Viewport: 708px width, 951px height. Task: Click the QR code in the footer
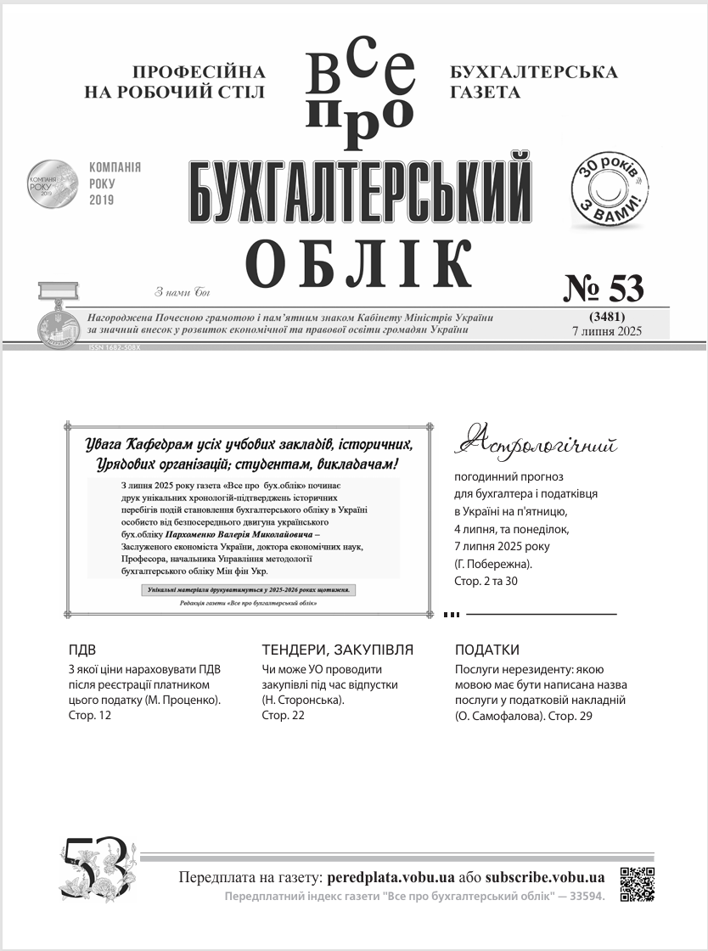point(637,884)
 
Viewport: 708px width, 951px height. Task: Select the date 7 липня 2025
point(607,331)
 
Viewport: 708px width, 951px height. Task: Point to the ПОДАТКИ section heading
point(487,650)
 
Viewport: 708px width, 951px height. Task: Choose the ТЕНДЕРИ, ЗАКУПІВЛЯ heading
point(338,650)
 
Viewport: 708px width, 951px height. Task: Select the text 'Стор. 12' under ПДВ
point(89,715)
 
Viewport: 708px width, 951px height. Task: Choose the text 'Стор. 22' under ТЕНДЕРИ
point(284,715)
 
